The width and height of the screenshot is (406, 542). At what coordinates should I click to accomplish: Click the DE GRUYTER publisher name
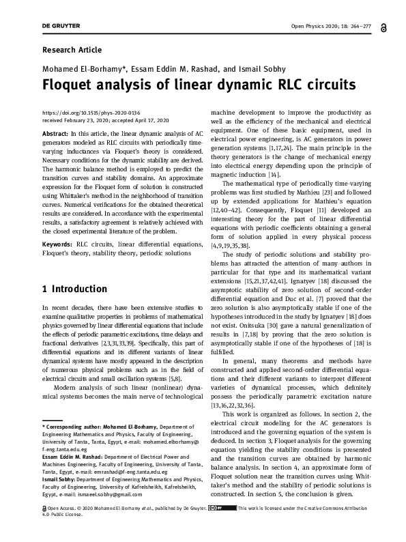(x=61, y=26)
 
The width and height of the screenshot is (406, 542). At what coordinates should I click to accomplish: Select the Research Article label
(x=72, y=50)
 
